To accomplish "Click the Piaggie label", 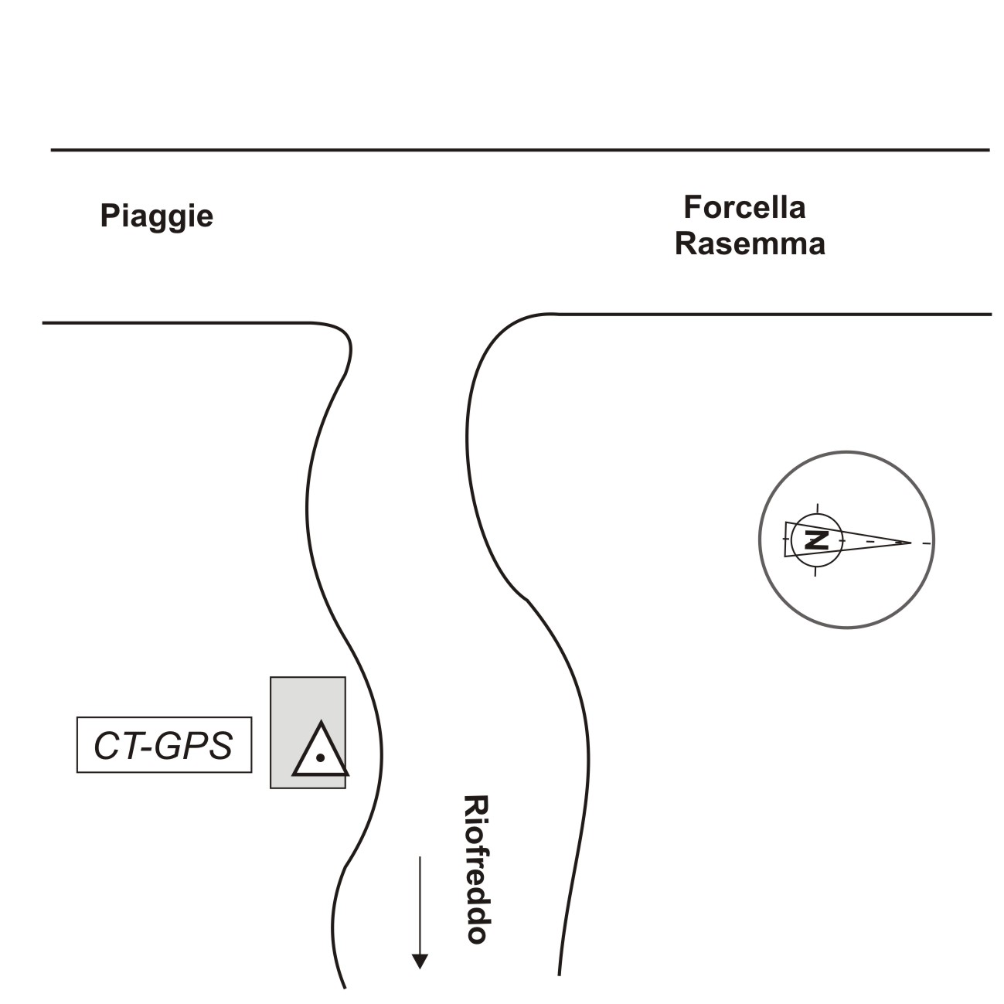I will coord(156,216).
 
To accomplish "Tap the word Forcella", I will coord(744,207).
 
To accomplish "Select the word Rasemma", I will coord(750,243).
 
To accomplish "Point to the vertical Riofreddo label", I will coord(475,869).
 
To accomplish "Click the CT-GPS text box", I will coord(164,745).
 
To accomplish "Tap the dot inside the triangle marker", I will coord(319,758).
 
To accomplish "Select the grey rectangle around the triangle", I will coord(307,696).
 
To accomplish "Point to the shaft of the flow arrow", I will coord(420,904).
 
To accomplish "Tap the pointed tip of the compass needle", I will coord(910,543).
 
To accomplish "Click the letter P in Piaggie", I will coord(109,216).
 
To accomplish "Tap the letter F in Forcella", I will coord(693,207).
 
